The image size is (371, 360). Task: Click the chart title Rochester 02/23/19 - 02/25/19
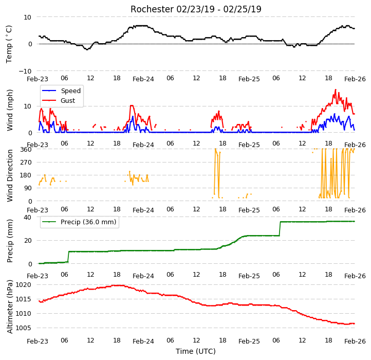pos(196,9)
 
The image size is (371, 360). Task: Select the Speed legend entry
pos(62,91)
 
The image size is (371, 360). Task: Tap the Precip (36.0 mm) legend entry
pos(79,222)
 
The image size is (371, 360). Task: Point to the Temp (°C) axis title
pos(9,44)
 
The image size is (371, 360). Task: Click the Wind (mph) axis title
pos(10,110)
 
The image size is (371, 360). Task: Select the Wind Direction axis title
pos(10,175)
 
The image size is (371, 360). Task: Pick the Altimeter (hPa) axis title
pos(10,307)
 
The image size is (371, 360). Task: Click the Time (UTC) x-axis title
pos(196,351)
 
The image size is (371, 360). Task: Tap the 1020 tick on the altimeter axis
pos(23,285)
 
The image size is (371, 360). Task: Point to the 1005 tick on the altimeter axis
pos(23,328)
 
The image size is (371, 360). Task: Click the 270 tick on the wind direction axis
pos(26,163)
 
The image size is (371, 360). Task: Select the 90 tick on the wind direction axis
pos(28,188)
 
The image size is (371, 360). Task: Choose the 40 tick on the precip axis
pos(27,218)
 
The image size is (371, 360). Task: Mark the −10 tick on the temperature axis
pos(25,71)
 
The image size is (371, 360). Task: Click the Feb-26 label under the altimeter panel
pos(355,341)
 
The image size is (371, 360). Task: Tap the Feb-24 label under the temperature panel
pos(143,79)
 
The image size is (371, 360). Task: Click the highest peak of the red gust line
pos(336,89)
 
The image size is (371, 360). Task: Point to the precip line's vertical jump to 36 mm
pos(280,229)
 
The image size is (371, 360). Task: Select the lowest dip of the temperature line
pos(87,49)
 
